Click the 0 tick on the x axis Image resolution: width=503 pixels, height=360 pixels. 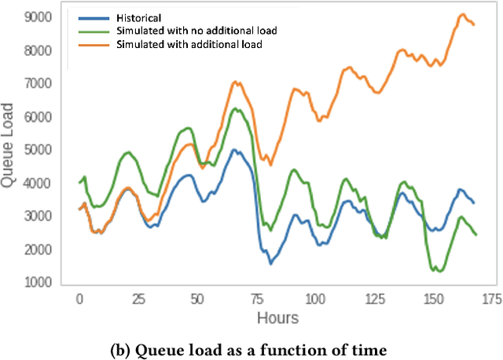pyautogui.click(x=79, y=299)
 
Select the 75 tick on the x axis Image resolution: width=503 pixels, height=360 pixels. pyautogui.click(x=255, y=299)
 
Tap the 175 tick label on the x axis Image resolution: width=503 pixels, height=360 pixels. pyautogui.click(x=490, y=299)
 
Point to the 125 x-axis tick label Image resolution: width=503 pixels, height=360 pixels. pyautogui.click(x=373, y=299)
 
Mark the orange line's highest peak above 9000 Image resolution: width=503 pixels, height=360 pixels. pyautogui.click(x=463, y=14)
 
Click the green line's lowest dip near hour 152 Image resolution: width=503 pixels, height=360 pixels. pyautogui.click(x=437, y=270)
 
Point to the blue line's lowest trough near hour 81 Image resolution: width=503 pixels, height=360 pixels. pyautogui.click(x=270, y=263)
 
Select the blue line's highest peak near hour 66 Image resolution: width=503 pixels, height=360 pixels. pyautogui.click(x=233, y=149)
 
